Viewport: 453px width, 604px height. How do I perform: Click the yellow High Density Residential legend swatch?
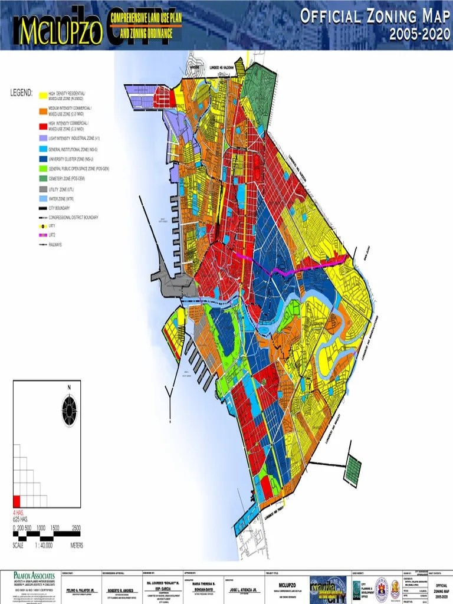(42, 96)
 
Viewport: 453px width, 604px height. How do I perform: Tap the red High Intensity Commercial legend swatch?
(42, 126)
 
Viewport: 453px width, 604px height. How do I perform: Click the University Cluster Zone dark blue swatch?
(42, 159)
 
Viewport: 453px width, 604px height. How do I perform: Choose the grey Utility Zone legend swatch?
(42, 189)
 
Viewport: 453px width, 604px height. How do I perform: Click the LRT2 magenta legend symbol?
(42, 235)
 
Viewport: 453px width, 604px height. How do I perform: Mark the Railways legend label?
(55, 244)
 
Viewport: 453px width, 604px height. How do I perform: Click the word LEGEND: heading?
(21, 93)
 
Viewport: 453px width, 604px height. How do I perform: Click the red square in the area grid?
(17, 501)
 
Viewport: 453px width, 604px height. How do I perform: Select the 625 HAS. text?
(21, 519)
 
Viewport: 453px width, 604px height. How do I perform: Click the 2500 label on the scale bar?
(76, 527)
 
